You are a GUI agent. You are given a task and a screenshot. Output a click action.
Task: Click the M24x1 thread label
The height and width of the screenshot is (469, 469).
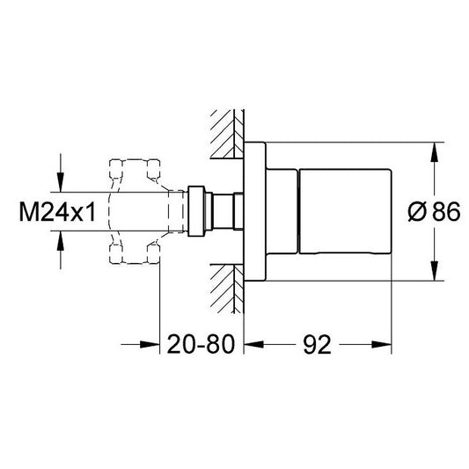coord(57,212)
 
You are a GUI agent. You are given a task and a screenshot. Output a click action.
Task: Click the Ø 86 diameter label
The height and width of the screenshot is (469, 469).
coord(434,211)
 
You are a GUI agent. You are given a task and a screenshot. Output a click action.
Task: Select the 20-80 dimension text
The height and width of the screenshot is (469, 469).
coord(201,344)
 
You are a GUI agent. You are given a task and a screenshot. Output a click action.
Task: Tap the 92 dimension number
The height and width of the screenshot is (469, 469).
coord(318,344)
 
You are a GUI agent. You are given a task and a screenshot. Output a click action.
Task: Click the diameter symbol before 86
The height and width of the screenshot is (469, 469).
coord(417,211)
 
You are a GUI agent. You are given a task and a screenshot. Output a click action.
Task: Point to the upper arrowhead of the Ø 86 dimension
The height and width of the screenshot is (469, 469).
coord(435,152)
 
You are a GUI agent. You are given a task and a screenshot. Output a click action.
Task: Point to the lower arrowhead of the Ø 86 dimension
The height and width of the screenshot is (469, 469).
coord(435,271)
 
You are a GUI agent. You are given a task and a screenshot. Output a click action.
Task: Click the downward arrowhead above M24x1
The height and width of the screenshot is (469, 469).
coord(61,182)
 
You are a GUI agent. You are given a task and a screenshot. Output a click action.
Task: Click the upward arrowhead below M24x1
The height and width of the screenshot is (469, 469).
coord(61,240)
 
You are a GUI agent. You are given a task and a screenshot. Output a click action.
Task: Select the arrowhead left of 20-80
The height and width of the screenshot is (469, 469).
coord(150,345)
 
